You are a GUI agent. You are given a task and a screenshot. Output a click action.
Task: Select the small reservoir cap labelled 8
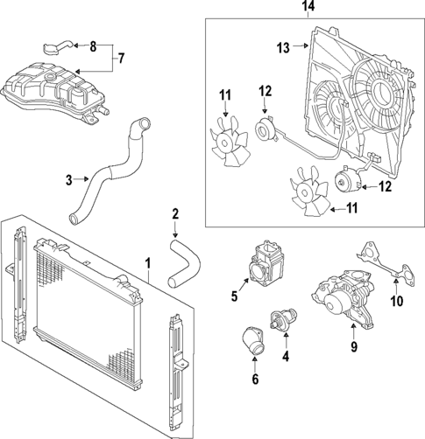[54, 46]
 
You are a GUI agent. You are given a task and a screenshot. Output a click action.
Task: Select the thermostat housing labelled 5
[266, 263]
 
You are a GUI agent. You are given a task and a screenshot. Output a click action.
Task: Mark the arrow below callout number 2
[175, 231]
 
